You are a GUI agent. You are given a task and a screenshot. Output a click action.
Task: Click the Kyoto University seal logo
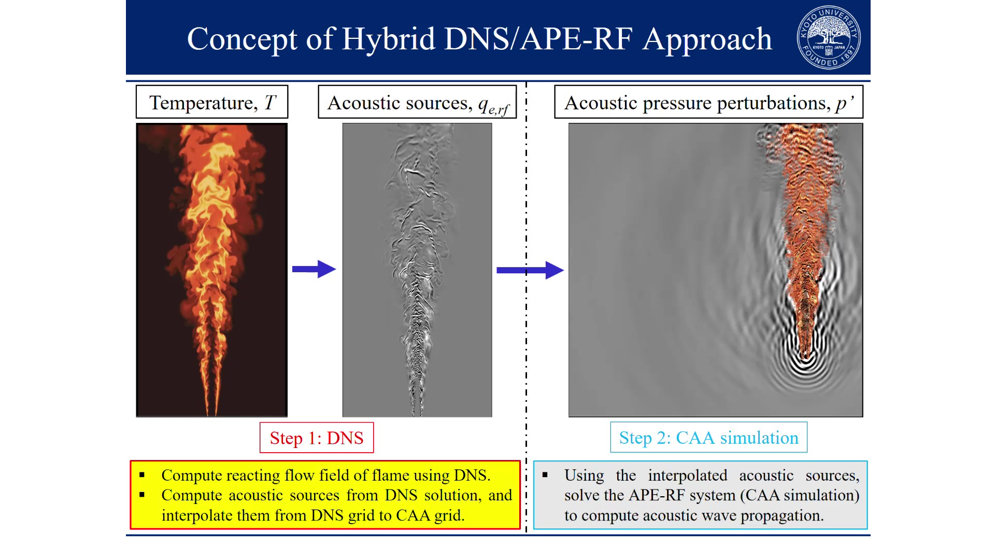point(828,37)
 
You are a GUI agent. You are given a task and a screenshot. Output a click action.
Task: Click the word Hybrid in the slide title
point(388,40)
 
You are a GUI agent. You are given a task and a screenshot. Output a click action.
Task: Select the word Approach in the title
point(707,40)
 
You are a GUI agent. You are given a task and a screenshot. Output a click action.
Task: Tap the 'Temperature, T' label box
point(212,102)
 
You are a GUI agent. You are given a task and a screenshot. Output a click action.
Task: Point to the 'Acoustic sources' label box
point(417,102)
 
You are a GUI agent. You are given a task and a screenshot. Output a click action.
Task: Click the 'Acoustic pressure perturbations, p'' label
point(708,102)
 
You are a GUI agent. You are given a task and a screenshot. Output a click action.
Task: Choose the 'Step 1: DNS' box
point(317,438)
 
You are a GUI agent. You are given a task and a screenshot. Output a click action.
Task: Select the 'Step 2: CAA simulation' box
point(708,438)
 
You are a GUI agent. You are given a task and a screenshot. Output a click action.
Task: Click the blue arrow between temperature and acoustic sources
point(314,269)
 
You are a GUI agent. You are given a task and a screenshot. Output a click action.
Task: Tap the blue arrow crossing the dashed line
point(530,270)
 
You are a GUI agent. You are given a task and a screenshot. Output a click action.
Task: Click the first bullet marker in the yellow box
point(142,475)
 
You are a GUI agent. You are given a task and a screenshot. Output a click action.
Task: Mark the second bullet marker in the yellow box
point(142,495)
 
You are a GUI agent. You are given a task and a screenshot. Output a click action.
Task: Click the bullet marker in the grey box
point(545,475)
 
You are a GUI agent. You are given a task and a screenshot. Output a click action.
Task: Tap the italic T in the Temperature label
point(270,103)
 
